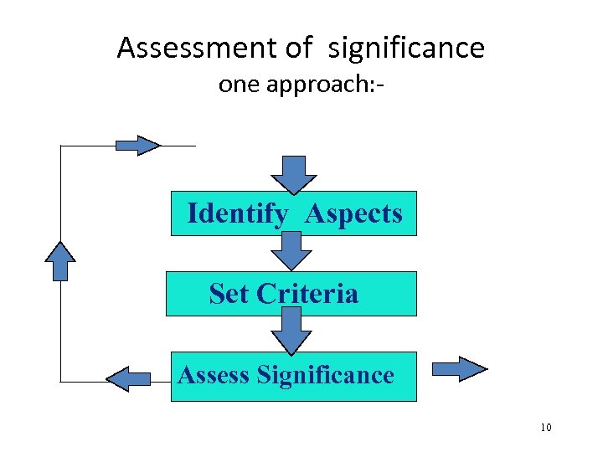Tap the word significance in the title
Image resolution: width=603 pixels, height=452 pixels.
pyautogui.click(x=407, y=49)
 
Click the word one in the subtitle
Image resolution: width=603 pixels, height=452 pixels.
pyautogui.click(x=238, y=85)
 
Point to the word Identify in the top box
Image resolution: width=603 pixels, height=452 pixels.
pyautogui.click(x=237, y=214)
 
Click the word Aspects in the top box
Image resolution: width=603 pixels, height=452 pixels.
pyautogui.click(x=353, y=214)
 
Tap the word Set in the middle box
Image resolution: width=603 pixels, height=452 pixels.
pyautogui.click(x=229, y=294)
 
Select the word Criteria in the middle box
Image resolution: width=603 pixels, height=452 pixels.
pyautogui.click(x=307, y=294)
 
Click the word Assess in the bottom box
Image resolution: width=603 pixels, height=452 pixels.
pyautogui.click(x=214, y=374)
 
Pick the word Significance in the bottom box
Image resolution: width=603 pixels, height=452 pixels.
pyautogui.click(x=326, y=374)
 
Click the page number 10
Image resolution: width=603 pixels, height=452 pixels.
pyautogui.click(x=546, y=429)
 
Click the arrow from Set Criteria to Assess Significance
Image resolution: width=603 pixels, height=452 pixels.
pyautogui.click(x=291, y=331)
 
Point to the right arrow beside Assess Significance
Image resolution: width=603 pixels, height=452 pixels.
pyautogui.click(x=460, y=369)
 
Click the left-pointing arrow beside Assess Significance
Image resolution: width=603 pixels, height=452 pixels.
pyautogui.click(x=128, y=379)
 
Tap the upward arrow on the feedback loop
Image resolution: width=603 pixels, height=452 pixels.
pyautogui.click(x=60, y=260)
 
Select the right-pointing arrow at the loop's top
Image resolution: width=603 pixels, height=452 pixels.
pyautogui.click(x=137, y=146)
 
